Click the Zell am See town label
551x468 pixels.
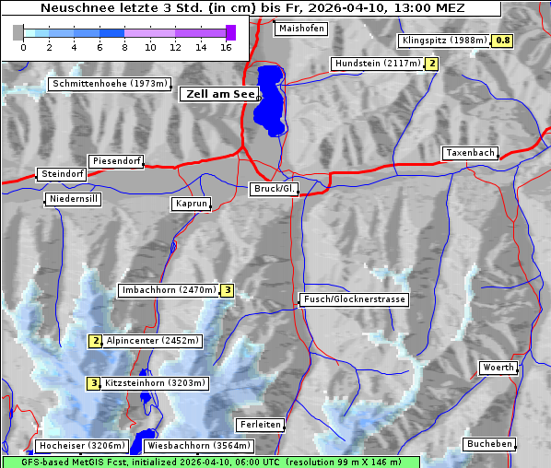(x=220, y=94)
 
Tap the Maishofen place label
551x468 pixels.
(x=300, y=29)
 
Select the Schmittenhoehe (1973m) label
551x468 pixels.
(x=110, y=84)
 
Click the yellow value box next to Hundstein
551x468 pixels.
(x=431, y=64)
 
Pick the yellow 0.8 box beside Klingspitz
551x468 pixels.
(x=502, y=41)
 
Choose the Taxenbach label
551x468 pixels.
(x=470, y=153)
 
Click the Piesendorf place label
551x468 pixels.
(x=116, y=161)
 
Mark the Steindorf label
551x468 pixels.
(x=63, y=174)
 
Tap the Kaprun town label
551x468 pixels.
(x=192, y=204)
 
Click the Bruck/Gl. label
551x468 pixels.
(x=275, y=189)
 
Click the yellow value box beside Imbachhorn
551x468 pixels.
(x=228, y=290)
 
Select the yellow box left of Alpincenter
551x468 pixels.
(x=95, y=341)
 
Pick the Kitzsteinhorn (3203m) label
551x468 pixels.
(x=156, y=383)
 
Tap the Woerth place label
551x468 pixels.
(x=498, y=368)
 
